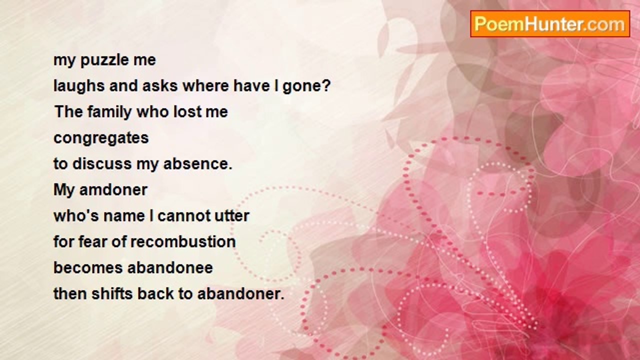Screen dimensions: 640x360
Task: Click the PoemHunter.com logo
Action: pyautogui.click(x=550, y=24)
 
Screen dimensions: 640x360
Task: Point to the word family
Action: pyautogui.click(x=109, y=112)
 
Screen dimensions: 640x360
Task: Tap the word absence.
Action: pyautogui.click(x=197, y=164)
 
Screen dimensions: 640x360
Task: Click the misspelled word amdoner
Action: pyautogui.click(x=113, y=190)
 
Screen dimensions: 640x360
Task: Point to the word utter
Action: pyautogui.click(x=232, y=216)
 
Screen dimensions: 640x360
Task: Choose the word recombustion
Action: pyautogui.click(x=183, y=242)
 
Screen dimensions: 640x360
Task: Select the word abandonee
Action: pyautogui.click(x=170, y=268)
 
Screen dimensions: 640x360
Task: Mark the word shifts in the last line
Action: pyautogui.click(x=112, y=293)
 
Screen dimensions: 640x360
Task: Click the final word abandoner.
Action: pyautogui.click(x=241, y=294)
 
